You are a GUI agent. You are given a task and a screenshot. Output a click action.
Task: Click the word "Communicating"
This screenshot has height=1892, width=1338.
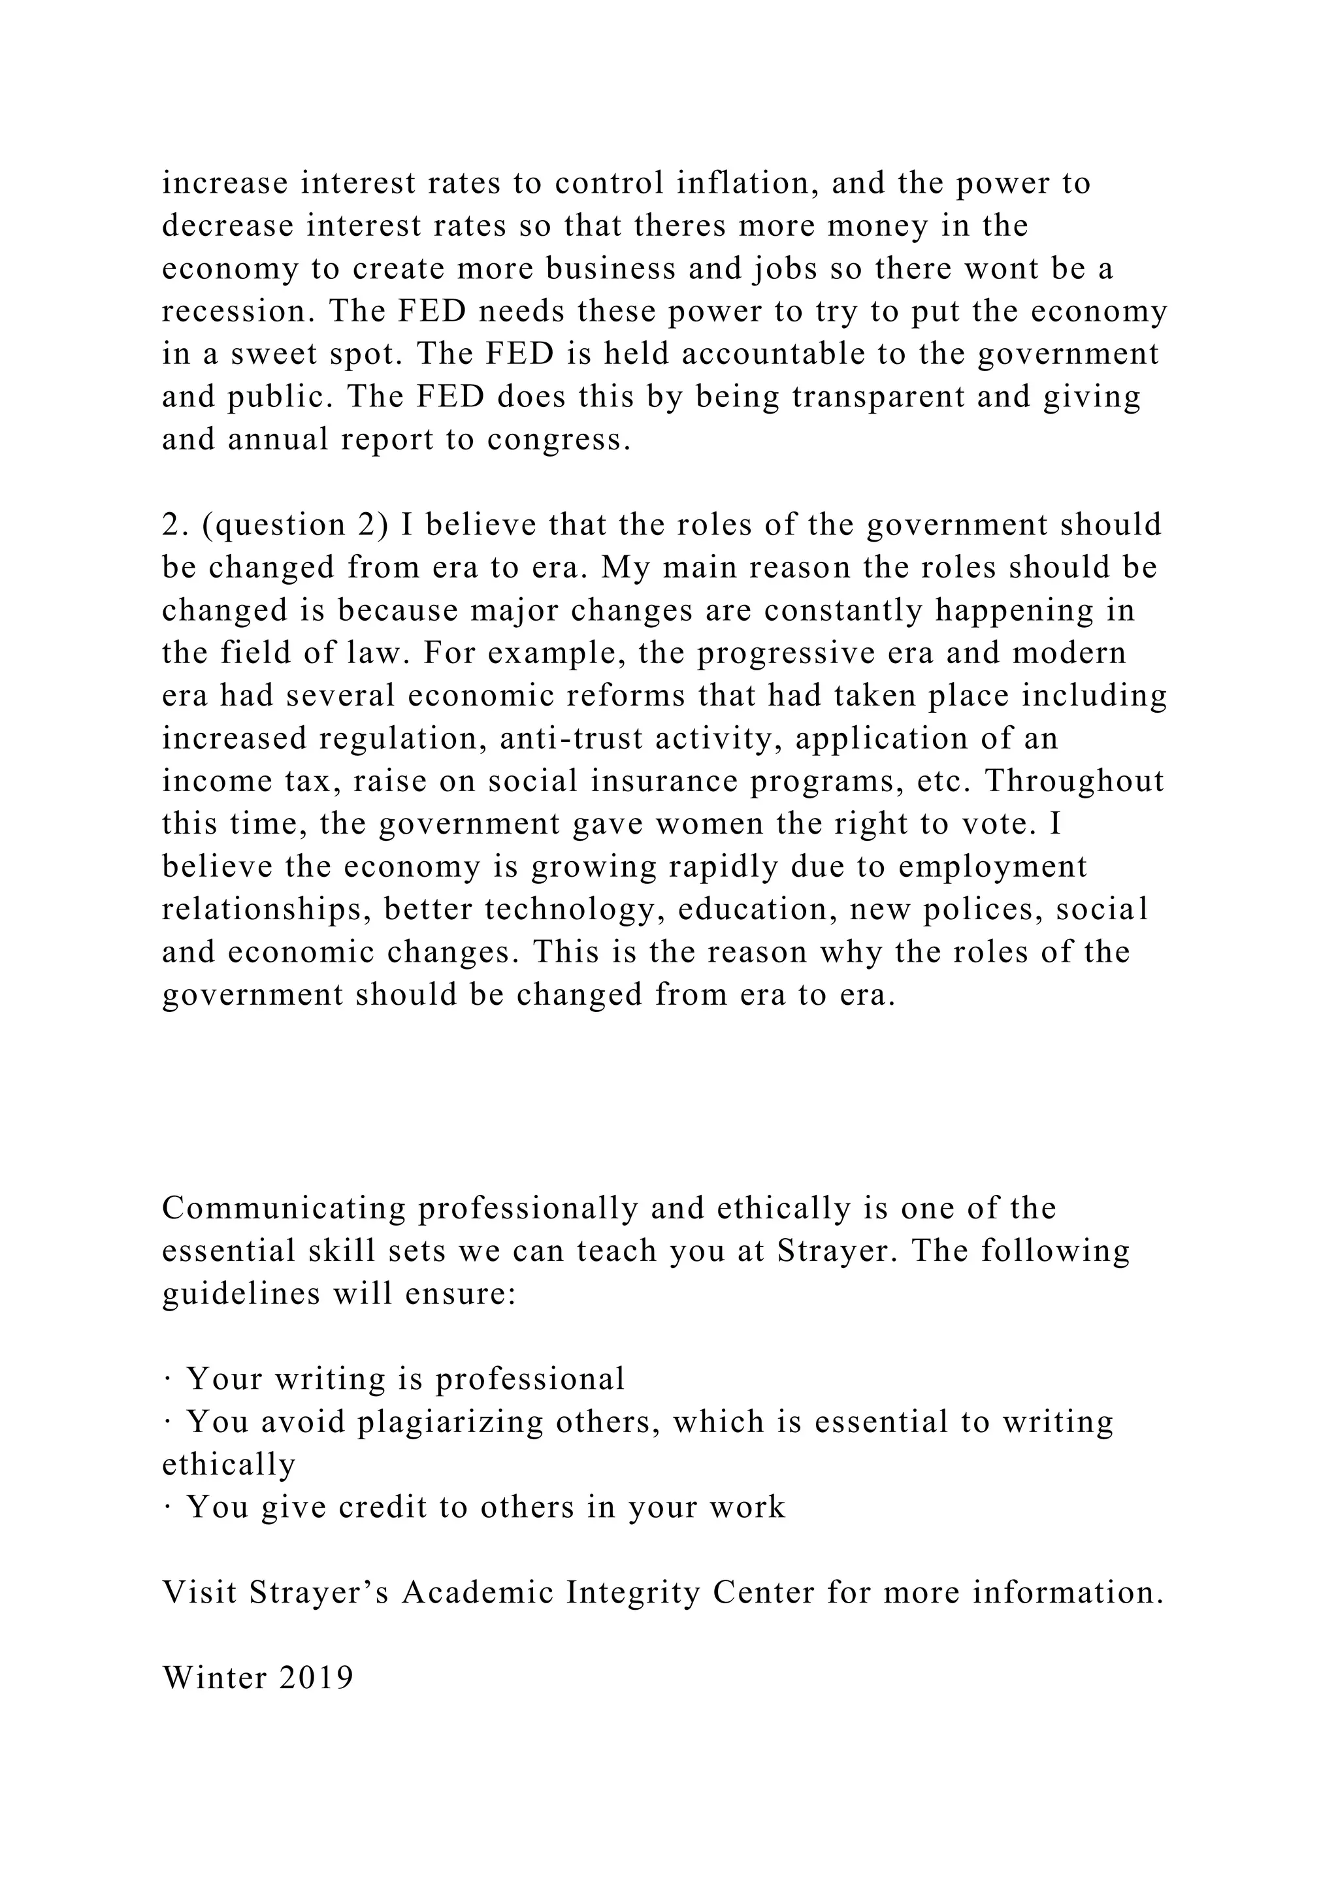pyautogui.click(x=284, y=1209)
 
